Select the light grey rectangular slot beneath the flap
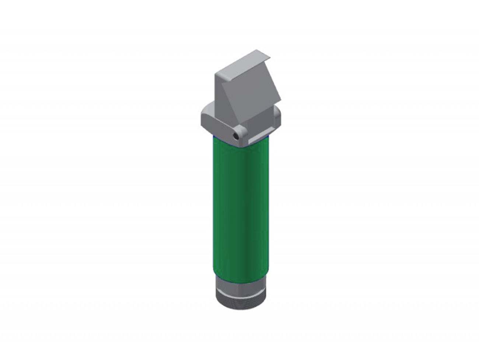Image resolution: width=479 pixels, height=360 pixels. (x=258, y=139)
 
